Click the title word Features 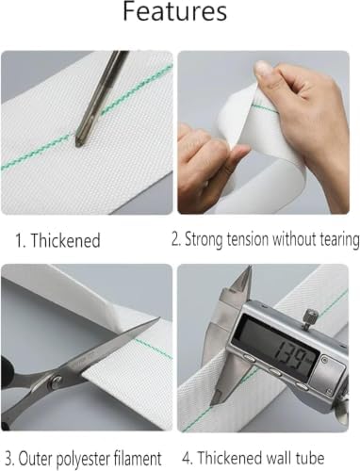pos(174,12)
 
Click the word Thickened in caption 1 pos(65,240)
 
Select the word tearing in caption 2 pos(340,240)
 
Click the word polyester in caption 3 pos(77,459)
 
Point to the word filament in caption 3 pos(138,458)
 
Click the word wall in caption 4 pos(279,458)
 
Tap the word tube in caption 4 pos(310,458)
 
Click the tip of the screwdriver pos(77,145)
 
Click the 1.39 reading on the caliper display pos(290,355)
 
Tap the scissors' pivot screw pos(57,381)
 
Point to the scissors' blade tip pos(158,318)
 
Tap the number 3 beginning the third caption pos(9,459)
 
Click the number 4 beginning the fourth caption pos(187,458)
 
